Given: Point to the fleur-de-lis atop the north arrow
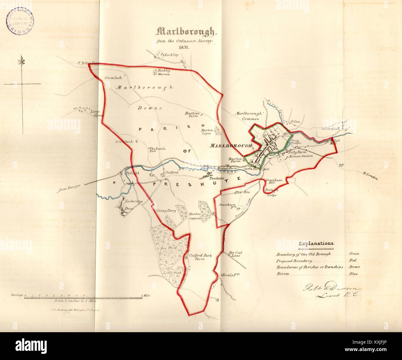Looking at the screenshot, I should coord(22,60).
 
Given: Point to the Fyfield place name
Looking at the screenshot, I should coord(131,173).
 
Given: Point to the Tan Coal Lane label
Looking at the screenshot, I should coord(235,254).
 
